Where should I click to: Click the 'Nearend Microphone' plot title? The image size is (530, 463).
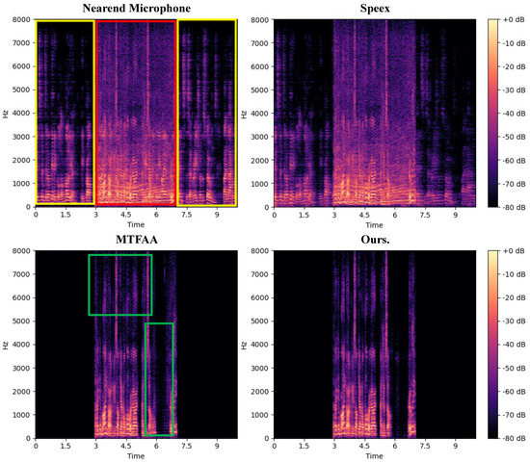[x=136, y=9]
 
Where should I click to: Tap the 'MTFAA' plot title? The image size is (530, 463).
[x=136, y=240]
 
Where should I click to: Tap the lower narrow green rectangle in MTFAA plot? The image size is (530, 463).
[x=158, y=379]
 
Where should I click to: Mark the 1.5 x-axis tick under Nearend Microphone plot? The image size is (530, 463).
[x=66, y=216]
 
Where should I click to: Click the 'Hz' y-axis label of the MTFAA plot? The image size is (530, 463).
[x=6, y=345]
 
